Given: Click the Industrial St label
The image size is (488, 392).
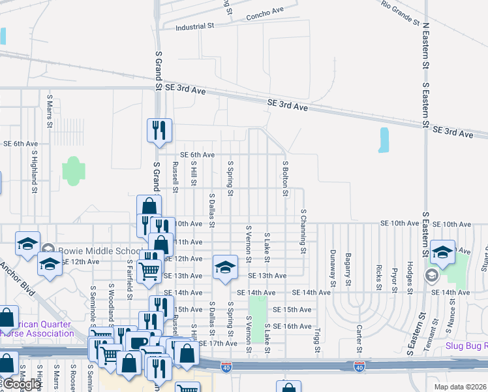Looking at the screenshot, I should click(195, 27).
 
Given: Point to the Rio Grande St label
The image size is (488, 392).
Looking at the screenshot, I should click(401, 12).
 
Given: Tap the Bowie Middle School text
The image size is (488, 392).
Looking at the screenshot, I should click(99, 251).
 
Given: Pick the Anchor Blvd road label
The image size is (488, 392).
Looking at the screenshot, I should click(19, 280).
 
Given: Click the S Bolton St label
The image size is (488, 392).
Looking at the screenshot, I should click(285, 176).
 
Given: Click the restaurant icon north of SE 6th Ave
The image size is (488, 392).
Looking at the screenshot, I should click(159, 130).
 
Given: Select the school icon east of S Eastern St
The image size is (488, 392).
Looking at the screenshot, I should click(442, 253).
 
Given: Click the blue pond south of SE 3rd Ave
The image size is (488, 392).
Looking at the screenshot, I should click(384, 140).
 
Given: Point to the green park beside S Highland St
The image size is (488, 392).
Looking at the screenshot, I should click(74, 171).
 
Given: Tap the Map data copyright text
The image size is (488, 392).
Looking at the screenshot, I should click(459, 387).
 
